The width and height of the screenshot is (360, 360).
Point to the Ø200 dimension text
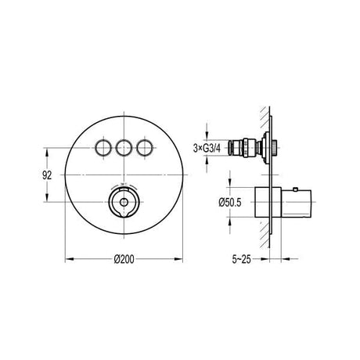pos(124,250)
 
